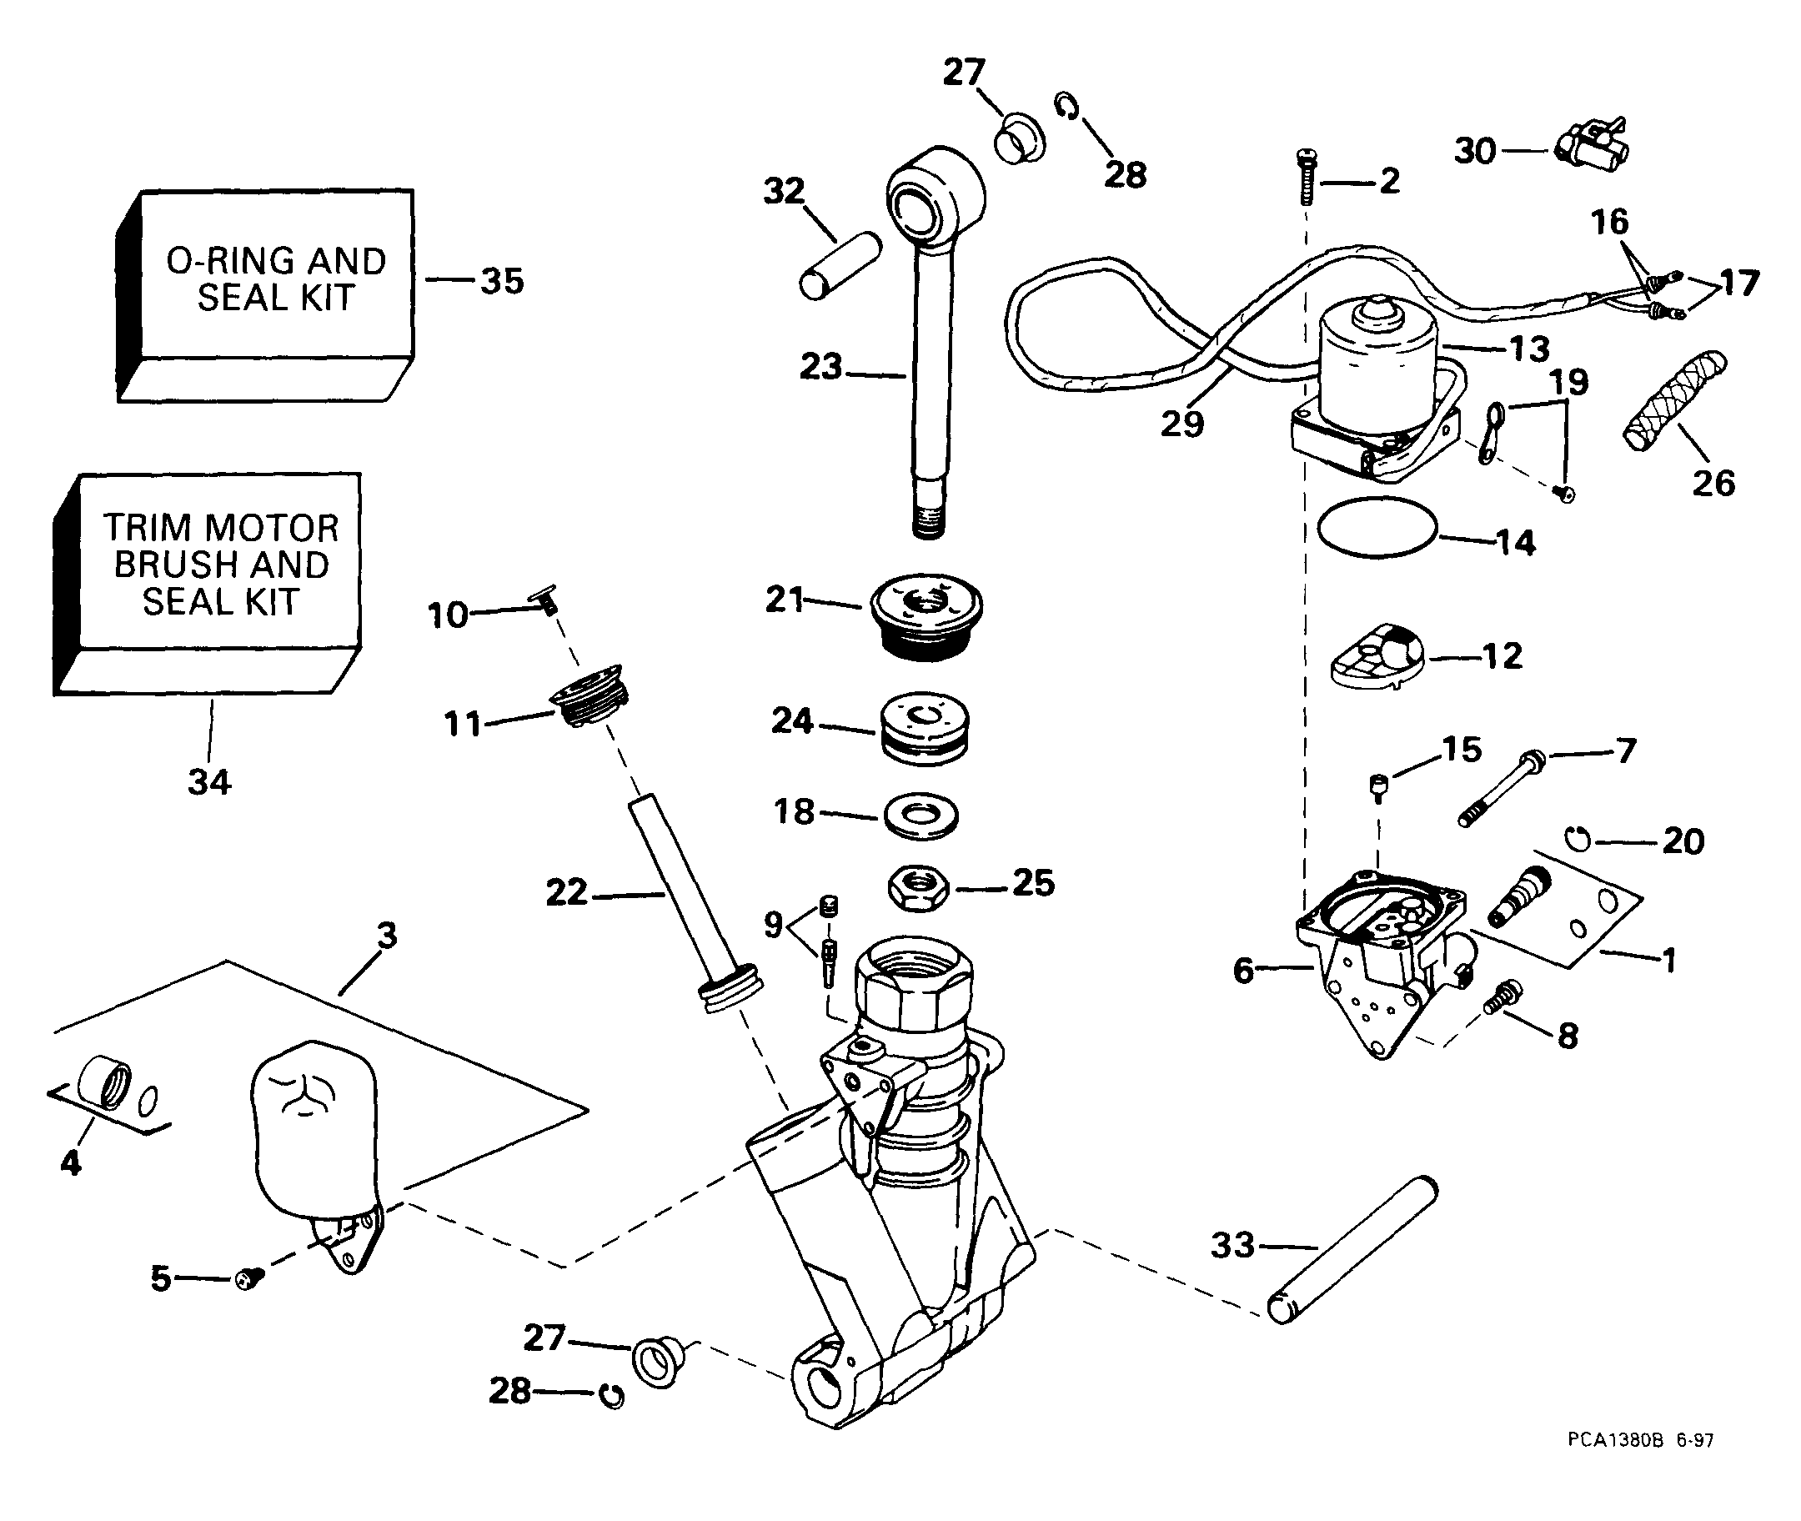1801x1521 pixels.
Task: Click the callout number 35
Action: (x=502, y=281)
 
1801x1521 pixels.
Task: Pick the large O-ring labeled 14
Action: (x=1377, y=529)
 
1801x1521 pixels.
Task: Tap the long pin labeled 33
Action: (x=1352, y=1249)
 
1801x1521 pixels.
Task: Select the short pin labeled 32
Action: (x=840, y=265)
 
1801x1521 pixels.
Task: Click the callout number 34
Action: (x=208, y=782)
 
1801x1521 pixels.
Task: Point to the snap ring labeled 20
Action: (x=1578, y=837)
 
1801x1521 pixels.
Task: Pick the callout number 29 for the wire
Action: (x=1182, y=424)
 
